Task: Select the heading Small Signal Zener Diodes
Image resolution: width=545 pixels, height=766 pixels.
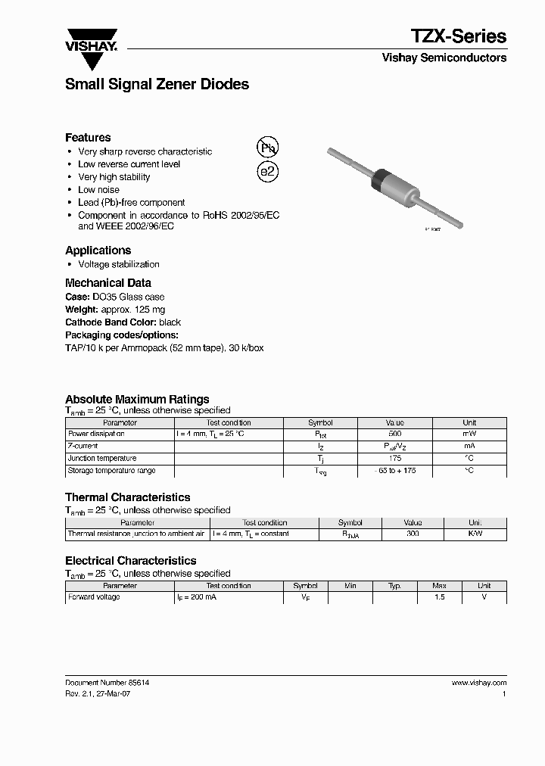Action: [x=157, y=85]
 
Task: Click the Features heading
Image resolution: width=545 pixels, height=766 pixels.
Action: [x=88, y=138]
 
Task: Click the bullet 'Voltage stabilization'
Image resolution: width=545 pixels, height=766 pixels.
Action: [x=118, y=264]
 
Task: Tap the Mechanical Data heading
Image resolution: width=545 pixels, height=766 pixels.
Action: [x=107, y=283]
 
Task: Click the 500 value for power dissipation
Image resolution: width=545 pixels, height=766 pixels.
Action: [x=394, y=434]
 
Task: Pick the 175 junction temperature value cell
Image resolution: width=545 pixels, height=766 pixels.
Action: [x=394, y=459]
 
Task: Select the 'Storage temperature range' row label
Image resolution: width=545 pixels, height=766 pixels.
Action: [x=111, y=471]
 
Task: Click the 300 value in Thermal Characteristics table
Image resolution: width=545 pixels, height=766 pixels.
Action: [x=413, y=534]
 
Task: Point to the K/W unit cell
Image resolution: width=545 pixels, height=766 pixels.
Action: [x=475, y=534]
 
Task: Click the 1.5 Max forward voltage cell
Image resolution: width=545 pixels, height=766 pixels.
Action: [x=440, y=598]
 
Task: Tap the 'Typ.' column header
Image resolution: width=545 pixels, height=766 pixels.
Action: [x=394, y=586]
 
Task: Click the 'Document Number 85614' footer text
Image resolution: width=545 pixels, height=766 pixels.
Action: [x=107, y=683]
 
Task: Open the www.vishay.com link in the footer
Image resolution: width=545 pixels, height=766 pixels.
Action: [x=478, y=683]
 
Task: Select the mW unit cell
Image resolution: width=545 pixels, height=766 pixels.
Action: [x=469, y=434]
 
